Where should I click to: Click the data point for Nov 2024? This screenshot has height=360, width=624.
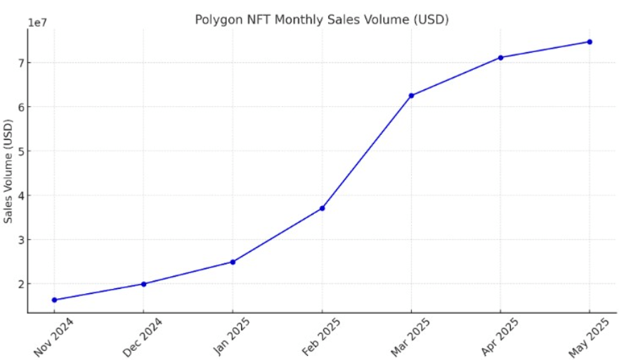[54, 300]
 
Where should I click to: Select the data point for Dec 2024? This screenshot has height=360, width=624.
[143, 284]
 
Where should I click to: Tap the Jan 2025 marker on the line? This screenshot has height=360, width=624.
[233, 262]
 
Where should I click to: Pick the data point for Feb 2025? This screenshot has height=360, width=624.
[322, 208]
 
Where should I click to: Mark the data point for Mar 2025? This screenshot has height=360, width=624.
[411, 96]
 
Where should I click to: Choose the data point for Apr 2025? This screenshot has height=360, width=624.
[500, 58]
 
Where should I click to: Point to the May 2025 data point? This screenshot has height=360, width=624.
[590, 41]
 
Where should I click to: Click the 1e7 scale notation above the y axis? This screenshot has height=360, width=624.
[37, 22]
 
